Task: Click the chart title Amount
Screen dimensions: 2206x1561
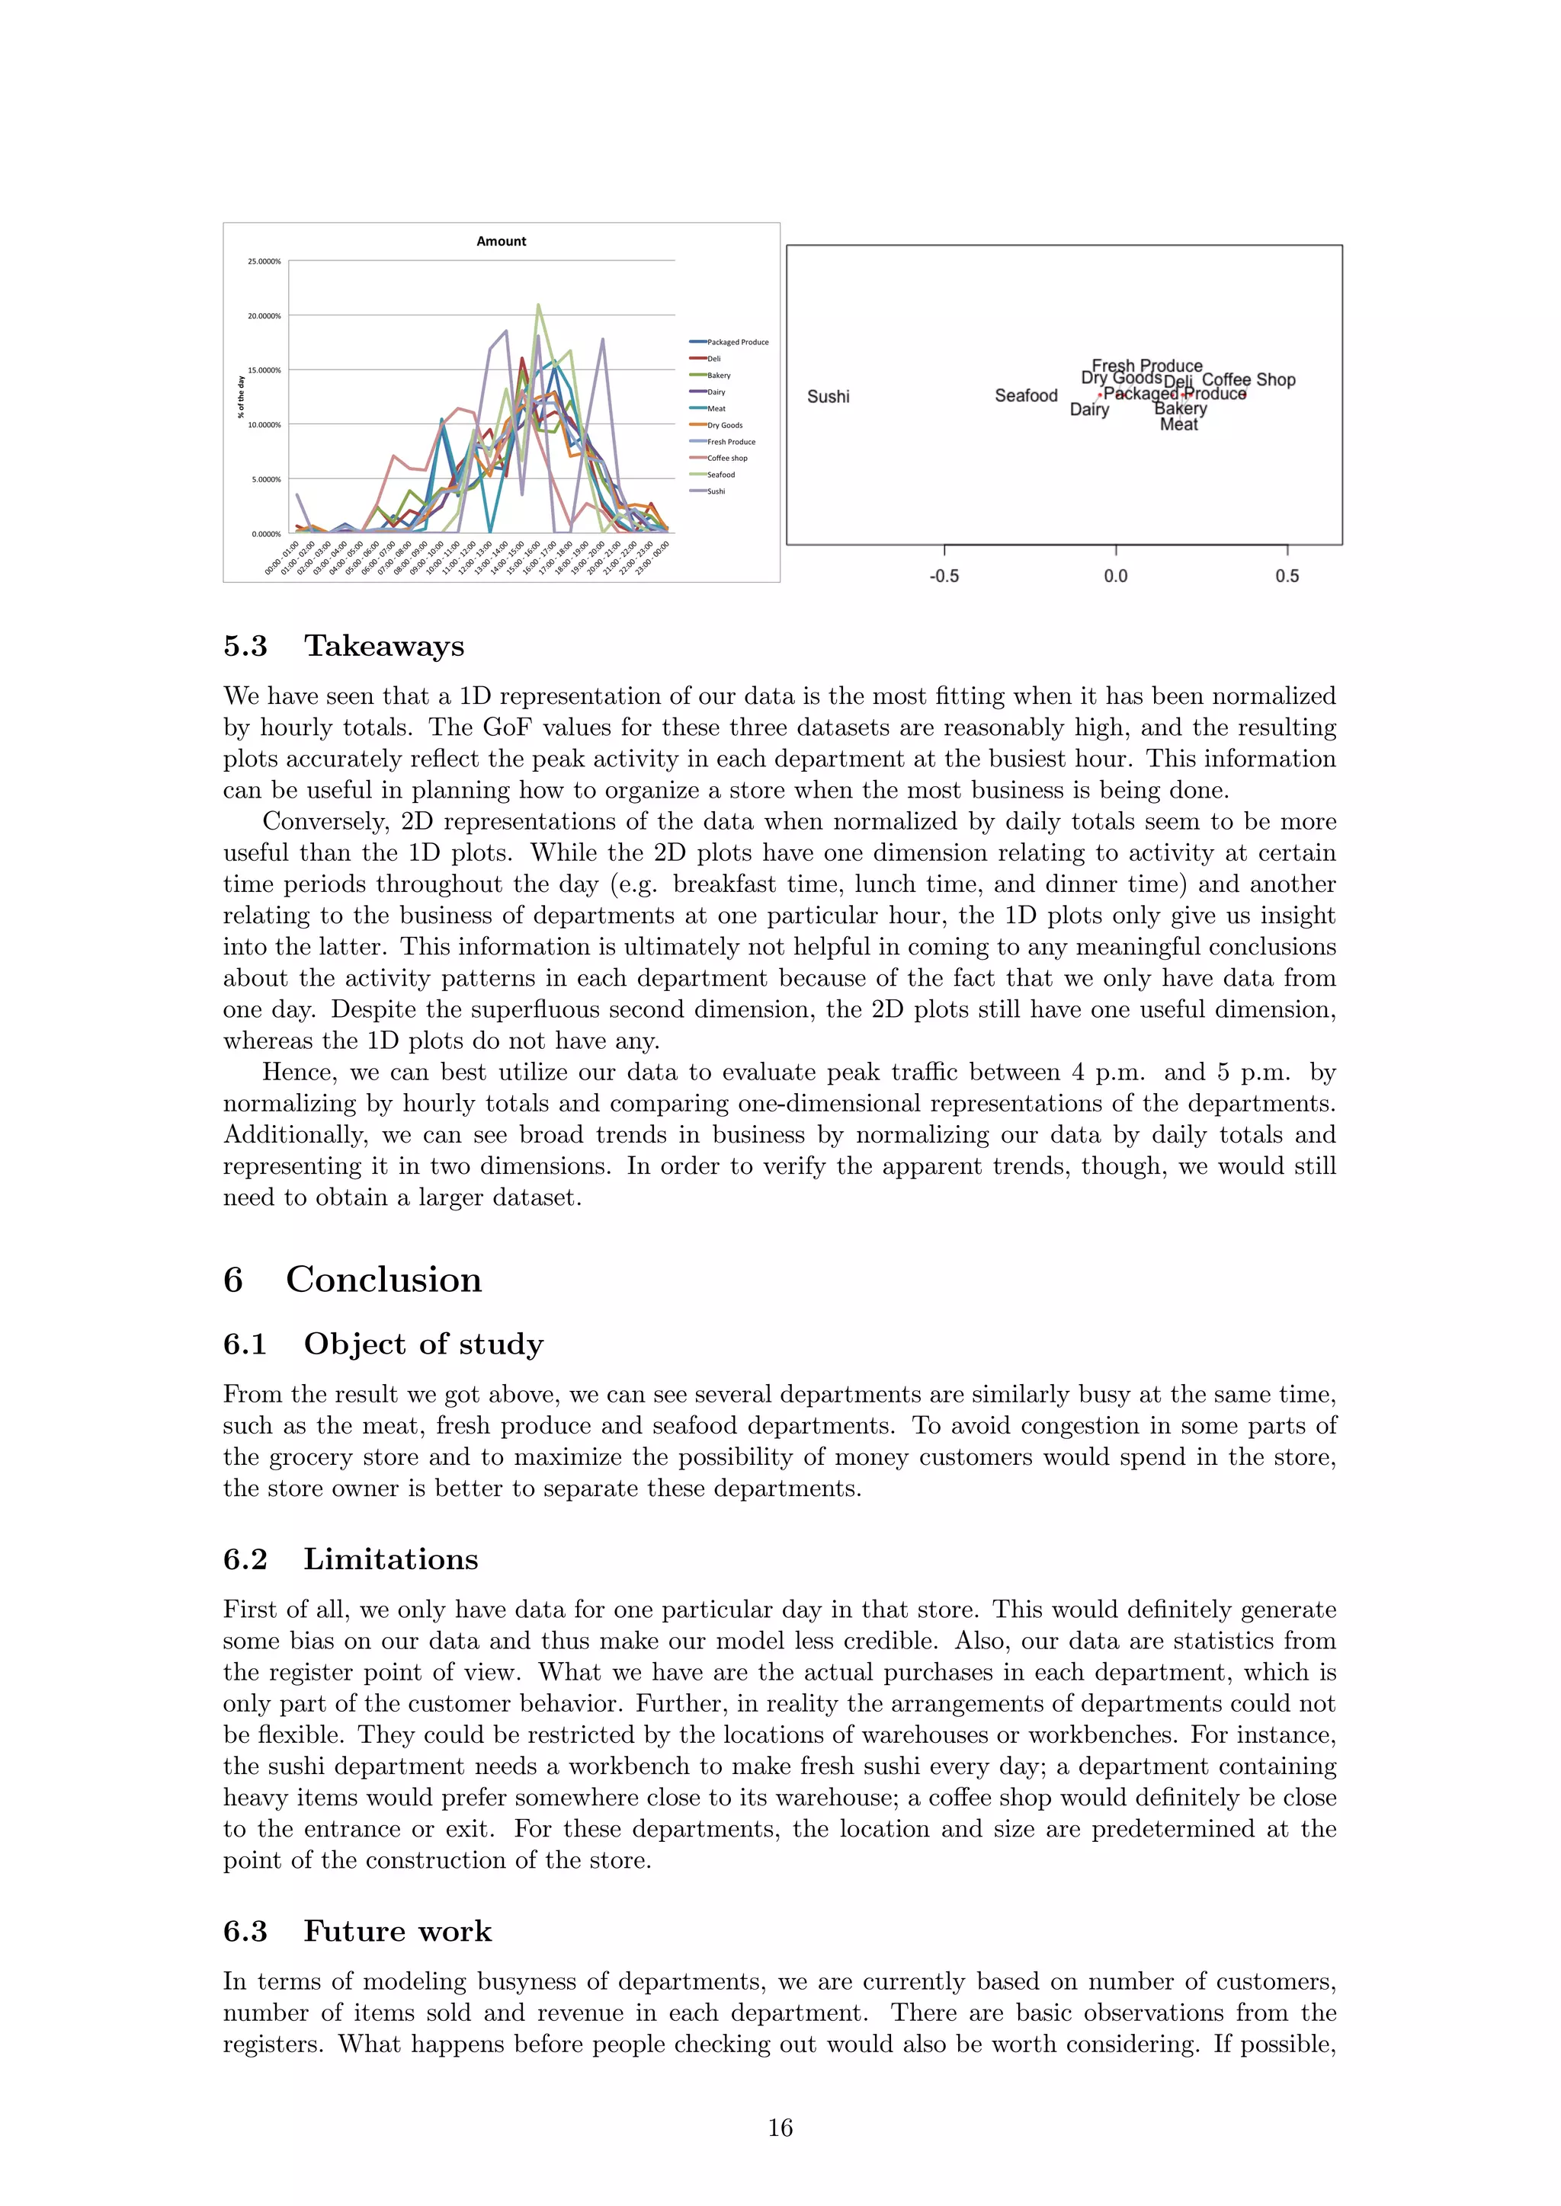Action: coord(501,241)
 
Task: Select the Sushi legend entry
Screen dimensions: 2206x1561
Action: coord(716,491)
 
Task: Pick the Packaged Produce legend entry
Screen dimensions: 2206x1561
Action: coord(737,342)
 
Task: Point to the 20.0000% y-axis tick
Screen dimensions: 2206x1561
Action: coord(264,316)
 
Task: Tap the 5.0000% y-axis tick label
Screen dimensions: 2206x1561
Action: coord(266,479)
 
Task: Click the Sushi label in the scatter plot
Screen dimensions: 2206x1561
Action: coord(828,397)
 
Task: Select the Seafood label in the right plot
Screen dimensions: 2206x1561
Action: coord(1026,396)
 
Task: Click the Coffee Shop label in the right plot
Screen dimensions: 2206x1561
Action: coord(1248,379)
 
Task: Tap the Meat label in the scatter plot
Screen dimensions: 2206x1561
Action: coord(1178,425)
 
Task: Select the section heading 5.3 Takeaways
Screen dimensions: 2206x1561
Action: coord(343,646)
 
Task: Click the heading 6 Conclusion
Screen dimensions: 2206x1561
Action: coord(352,1280)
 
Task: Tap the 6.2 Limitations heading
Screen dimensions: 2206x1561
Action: coord(350,1559)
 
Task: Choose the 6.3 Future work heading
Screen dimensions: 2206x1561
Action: coord(357,1931)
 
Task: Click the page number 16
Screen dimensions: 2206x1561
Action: coord(780,2128)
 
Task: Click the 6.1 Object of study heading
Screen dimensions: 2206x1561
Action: coord(383,1344)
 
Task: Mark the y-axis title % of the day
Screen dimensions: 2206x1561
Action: coord(242,397)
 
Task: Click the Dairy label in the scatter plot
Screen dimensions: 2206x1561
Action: coord(1089,411)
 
